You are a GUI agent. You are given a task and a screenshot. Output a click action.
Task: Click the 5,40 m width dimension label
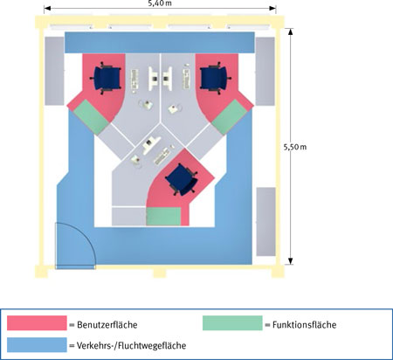(x=160, y=3)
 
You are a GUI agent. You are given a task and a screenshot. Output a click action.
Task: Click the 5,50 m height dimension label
(x=295, y=147)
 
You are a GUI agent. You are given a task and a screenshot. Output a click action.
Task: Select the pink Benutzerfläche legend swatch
(x=37, y=323)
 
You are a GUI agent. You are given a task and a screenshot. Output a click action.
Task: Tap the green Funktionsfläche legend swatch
(x=232, y=323)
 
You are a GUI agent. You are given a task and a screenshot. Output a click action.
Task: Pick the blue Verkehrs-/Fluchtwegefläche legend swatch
(x=37, y=345)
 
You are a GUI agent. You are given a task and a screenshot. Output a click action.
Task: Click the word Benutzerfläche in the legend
(x=107, y=325)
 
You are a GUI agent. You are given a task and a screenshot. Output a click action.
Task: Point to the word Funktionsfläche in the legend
(x=304, y=325)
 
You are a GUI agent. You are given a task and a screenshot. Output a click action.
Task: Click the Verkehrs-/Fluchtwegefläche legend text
(x=131, y=346)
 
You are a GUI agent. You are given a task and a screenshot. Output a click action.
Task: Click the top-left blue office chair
(x=106, y=78)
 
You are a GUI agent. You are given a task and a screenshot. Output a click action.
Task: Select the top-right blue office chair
(x=215, y=78)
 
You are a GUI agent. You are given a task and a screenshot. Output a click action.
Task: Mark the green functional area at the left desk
(x=91, y=116)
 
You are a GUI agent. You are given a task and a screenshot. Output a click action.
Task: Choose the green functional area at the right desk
(x=230, y=117)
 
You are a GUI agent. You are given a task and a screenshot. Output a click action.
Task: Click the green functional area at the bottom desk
(x=163, y=217)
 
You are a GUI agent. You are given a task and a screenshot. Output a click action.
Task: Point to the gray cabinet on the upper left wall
(x=54, y=71)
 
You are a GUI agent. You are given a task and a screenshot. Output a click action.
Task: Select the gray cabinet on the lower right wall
(x=265, y=222)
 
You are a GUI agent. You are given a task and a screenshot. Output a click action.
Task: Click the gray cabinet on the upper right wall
(x=265, y=72)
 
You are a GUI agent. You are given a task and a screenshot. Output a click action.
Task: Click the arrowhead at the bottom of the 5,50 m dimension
(x=291, y=261)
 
